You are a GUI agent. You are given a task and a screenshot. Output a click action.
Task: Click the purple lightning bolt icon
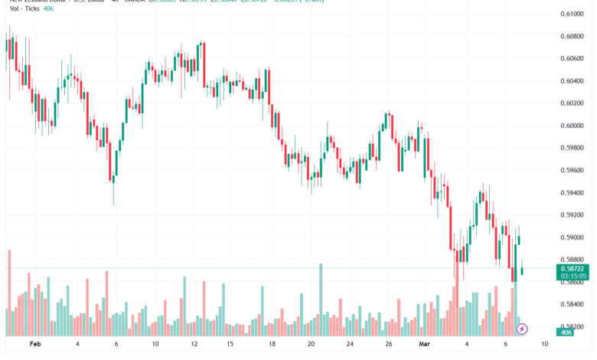(x=523, y=329)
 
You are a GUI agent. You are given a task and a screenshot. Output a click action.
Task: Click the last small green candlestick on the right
(x=523, y=268)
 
